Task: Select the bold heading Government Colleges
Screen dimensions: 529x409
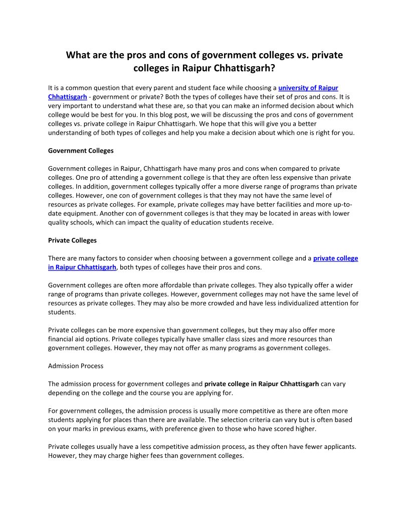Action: [x=81, y=150]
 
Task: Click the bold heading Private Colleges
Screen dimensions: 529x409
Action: [x=72, y=240]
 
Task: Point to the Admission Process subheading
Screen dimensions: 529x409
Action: [x=76, y=366]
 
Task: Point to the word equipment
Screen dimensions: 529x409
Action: [x=80, y=213]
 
